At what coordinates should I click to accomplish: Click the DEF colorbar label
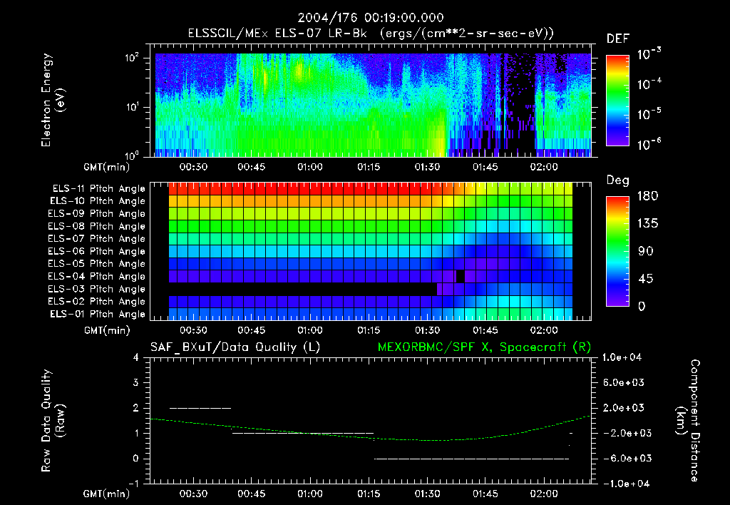pos(617,39)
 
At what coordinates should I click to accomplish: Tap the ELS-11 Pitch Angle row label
pos(98,189)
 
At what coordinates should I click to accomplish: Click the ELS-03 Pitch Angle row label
pos(98,289)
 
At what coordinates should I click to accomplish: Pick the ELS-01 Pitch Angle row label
pos(98,314)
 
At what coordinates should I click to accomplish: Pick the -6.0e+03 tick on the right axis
pos(623,458)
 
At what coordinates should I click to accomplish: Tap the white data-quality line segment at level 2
pos(200,408)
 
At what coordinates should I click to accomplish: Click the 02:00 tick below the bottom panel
pos(544,494)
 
